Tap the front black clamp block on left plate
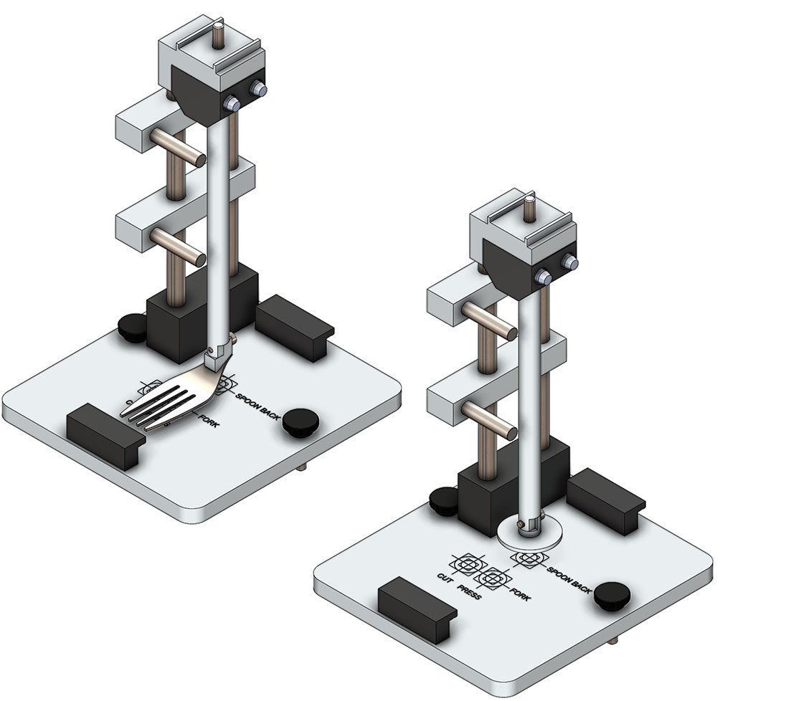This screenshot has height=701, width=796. click(x=102, y=436)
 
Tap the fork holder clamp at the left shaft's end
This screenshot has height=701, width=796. click(x=217, y=355)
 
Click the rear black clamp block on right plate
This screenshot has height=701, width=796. click(x=606, y=500)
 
